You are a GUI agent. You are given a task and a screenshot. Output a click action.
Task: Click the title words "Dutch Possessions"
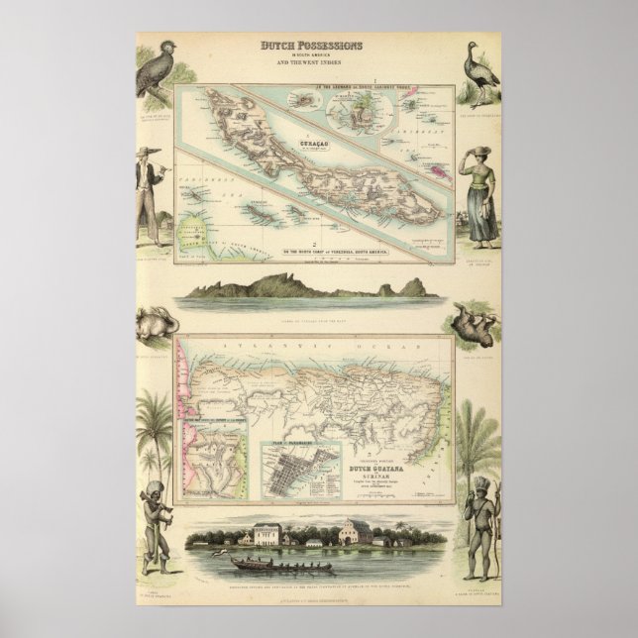[x=311, y=47]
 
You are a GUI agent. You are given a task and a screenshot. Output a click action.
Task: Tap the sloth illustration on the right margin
[x=478, y=324]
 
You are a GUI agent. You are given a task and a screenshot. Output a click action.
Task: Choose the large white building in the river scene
[x=267, y=534]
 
